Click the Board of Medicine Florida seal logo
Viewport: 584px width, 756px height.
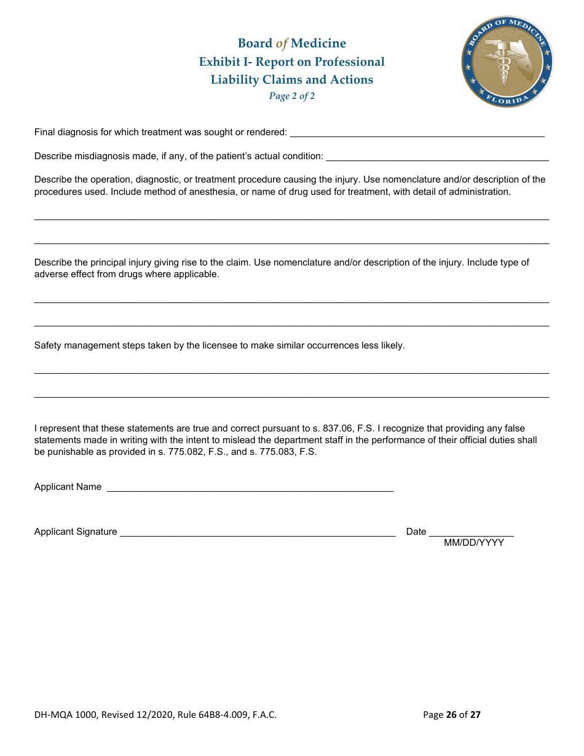[507, 61]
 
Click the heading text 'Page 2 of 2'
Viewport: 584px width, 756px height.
[292, 96]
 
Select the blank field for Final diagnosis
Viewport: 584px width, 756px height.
[417, 133]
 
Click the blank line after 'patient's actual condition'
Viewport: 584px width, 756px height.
[437, 157]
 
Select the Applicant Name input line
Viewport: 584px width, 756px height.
[250, 487]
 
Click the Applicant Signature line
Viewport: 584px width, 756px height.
[258, 532]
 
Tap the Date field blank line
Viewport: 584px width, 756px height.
[471, 532]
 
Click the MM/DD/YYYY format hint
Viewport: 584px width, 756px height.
[474, 543]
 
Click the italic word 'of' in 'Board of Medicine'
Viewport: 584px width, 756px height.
[282, 44]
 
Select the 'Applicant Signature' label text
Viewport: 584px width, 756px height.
[76, 532]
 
